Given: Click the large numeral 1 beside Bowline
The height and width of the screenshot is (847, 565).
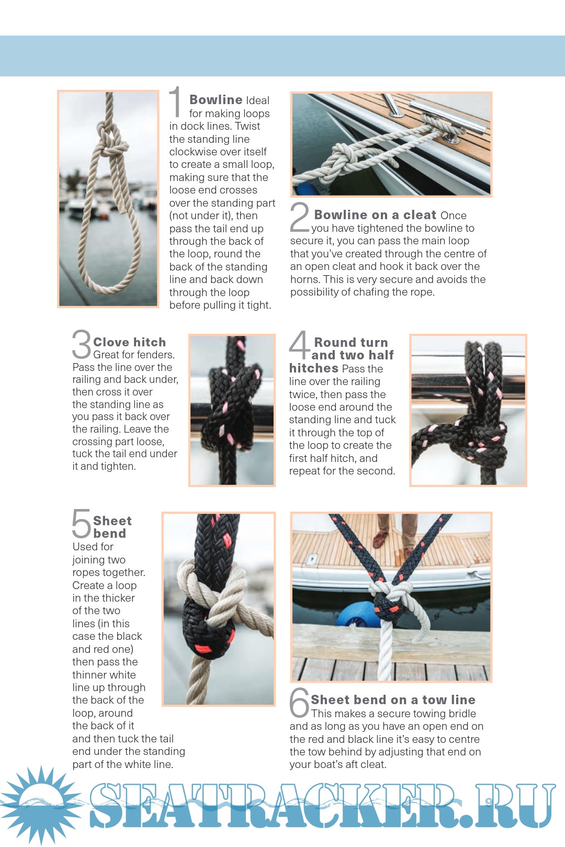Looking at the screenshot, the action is [175, 101].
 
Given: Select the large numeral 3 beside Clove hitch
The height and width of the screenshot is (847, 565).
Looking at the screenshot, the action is [82, 344].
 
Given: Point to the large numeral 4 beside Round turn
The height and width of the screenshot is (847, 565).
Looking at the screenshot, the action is [300, 344].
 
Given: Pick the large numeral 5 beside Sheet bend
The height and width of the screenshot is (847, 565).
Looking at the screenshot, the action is [82, 523].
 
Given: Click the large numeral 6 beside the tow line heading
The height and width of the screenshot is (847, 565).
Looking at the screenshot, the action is [300, 703].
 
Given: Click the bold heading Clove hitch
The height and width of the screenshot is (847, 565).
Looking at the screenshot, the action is [129, 342].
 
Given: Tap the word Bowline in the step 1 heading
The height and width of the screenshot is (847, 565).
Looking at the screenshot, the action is [216, 99].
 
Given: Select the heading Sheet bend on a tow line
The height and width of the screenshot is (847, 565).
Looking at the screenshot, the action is [393, 699].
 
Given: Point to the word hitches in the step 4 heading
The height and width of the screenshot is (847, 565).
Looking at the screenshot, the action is [313, 368].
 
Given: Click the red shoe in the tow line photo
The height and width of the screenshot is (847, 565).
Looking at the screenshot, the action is [380, 539].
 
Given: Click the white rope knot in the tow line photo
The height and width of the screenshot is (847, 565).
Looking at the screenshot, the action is [393, 592].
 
